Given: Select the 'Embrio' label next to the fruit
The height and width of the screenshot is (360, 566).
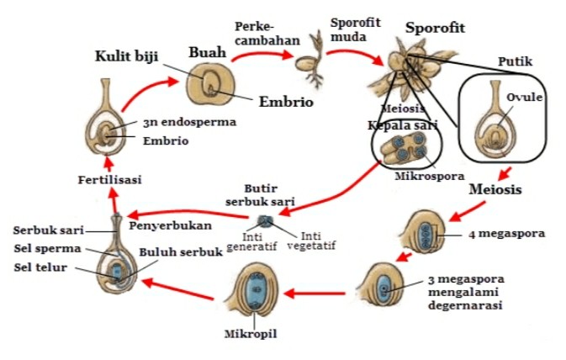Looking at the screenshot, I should click(x=286, y=103).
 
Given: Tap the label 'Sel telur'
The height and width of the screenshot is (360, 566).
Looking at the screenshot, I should click(x=37, y=267).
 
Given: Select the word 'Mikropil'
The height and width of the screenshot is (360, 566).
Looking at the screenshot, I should click(x=251, y=334).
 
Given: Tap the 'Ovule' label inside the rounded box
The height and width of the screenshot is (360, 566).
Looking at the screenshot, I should click(x=525, y=98).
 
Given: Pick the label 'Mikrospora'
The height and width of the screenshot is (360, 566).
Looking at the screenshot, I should click(x=425, y=177).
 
